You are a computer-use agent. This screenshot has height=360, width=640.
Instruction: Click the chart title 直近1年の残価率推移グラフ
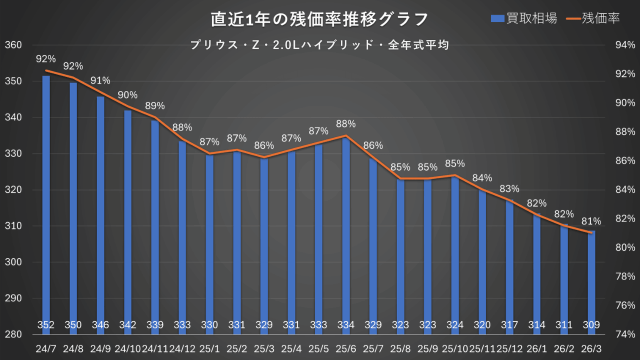319,19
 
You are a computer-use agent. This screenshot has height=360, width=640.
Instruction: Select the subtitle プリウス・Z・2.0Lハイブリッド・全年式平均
319,44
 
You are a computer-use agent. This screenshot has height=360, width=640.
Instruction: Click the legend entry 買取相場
524,18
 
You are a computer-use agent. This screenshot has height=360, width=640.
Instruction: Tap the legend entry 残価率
594,18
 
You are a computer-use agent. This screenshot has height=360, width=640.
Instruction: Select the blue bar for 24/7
46,200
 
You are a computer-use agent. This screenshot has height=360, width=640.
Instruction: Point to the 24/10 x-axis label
127,347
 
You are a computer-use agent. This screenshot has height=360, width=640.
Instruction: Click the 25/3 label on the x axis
264,347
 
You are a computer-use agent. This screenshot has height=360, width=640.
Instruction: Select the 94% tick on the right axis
625,45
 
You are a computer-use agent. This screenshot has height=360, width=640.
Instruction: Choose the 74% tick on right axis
625,334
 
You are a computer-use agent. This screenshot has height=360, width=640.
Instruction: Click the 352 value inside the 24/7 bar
46,325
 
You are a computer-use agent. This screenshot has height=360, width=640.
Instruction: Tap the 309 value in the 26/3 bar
591,325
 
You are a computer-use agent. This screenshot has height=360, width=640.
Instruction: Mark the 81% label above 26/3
591,220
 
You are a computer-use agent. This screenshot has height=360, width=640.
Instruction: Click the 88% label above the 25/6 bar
345,123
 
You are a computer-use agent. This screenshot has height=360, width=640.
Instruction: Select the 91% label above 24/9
100,80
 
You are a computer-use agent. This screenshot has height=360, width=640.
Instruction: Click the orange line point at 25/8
400,178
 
